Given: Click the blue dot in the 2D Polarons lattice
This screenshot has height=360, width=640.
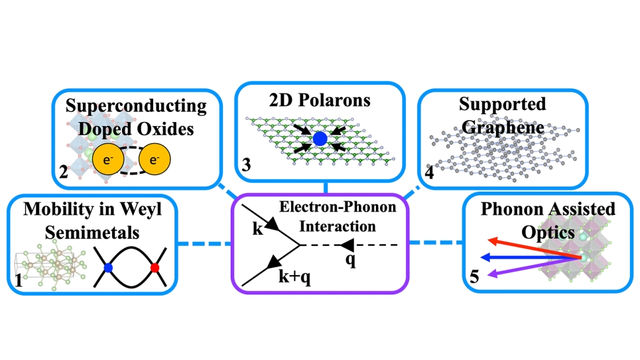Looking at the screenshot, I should (x=320, y=139).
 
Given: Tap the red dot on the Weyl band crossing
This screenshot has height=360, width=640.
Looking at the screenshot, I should (x=156, y=268).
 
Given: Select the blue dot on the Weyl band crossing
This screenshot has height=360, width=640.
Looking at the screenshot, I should (x=108, y=268).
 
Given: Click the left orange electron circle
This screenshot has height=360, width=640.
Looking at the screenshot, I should (x=107, y=160).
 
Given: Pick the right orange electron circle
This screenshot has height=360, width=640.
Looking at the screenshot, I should (x=154, y=160).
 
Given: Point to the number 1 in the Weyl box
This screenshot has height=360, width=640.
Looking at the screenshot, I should (x=20, y=282).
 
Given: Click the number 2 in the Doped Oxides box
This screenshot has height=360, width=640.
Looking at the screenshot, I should (x=63, y=174).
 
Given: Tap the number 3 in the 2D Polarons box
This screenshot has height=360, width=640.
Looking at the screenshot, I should (x=246, y=168).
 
